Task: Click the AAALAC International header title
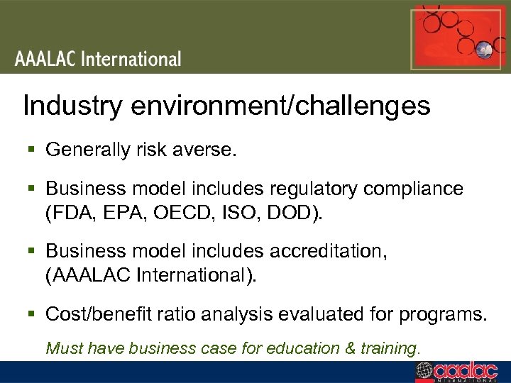coord(98,58)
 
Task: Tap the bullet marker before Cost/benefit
coord(31,313)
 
